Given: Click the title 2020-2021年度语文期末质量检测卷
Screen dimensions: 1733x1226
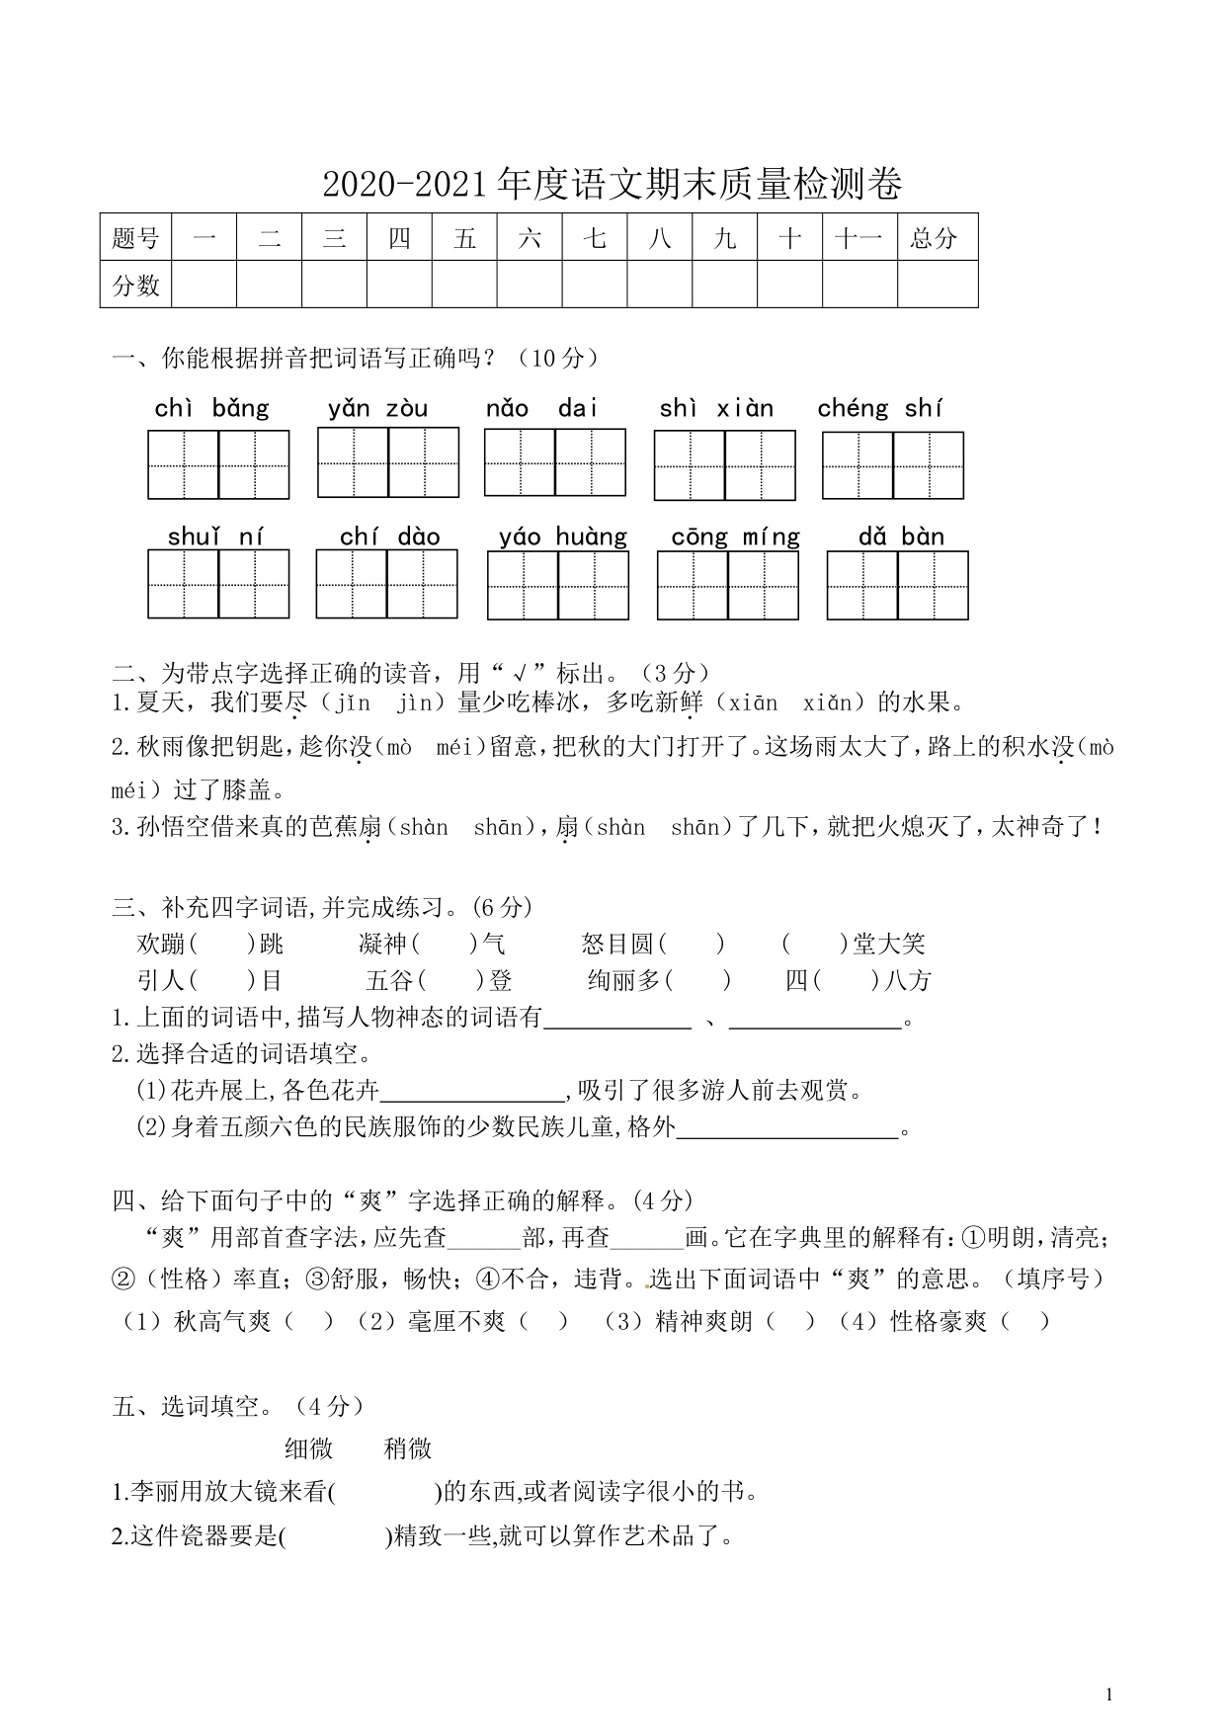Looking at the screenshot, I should (x=613, y=185).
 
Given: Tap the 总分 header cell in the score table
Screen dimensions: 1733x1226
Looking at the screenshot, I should (x=935, y=238).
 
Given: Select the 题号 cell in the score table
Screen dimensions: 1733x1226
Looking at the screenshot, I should (x=135, y=238).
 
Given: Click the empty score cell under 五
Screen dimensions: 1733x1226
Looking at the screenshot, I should (x=464, y=285).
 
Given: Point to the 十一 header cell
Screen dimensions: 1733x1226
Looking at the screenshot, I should (x=858, y=238).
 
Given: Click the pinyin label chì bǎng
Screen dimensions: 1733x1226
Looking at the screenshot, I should (x=212, y=408).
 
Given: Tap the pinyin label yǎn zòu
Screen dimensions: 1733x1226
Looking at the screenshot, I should (x=378, y=408).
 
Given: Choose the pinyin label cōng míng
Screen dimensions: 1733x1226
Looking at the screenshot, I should (x=735, y=536).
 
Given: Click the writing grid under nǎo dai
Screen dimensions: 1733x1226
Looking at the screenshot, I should (x=554, y=462).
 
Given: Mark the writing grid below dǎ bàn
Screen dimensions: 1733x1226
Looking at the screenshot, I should (x=897, y=585).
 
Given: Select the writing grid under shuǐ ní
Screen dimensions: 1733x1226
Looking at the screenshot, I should (x=218, y=584).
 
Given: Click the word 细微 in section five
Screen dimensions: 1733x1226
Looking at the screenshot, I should (x=309, y=1448).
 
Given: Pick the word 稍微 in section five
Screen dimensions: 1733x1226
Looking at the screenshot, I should (x=408, y=1448).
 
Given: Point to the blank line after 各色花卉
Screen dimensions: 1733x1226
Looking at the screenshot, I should (x=471, y=1093).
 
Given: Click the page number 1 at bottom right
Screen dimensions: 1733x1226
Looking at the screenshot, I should (x=1108, y=1694).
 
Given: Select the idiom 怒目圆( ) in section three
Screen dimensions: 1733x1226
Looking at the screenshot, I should (x=653, y=945).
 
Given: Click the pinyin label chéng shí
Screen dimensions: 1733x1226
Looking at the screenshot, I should (x=879, y=408).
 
